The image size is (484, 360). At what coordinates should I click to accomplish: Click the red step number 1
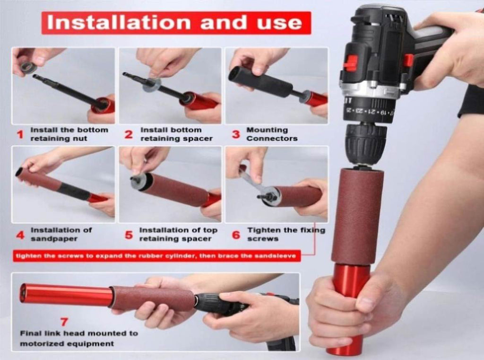click(x=20, y=134)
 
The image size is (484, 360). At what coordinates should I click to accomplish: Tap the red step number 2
click(x=129, y=134)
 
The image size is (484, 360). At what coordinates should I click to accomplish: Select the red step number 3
click(x=236, y=134)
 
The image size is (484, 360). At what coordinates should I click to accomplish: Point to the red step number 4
click(x=20, y=235)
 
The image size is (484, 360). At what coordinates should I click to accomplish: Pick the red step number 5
click(x=129, y=235)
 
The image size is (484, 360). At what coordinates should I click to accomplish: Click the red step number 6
click(x=236, y=235)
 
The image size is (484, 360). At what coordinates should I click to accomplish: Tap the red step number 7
click(x=64, y=322)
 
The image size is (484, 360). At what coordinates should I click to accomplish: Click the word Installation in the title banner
click(x=119, y=22)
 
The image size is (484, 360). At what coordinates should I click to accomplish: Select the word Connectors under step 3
click(x=272, y=139)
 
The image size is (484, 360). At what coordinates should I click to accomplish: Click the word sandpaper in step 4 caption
click(x=54, y=239)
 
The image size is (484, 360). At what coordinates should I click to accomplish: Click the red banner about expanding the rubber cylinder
click(x=156, y=256)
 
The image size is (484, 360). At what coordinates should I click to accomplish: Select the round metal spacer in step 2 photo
click(x=152, y=85)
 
